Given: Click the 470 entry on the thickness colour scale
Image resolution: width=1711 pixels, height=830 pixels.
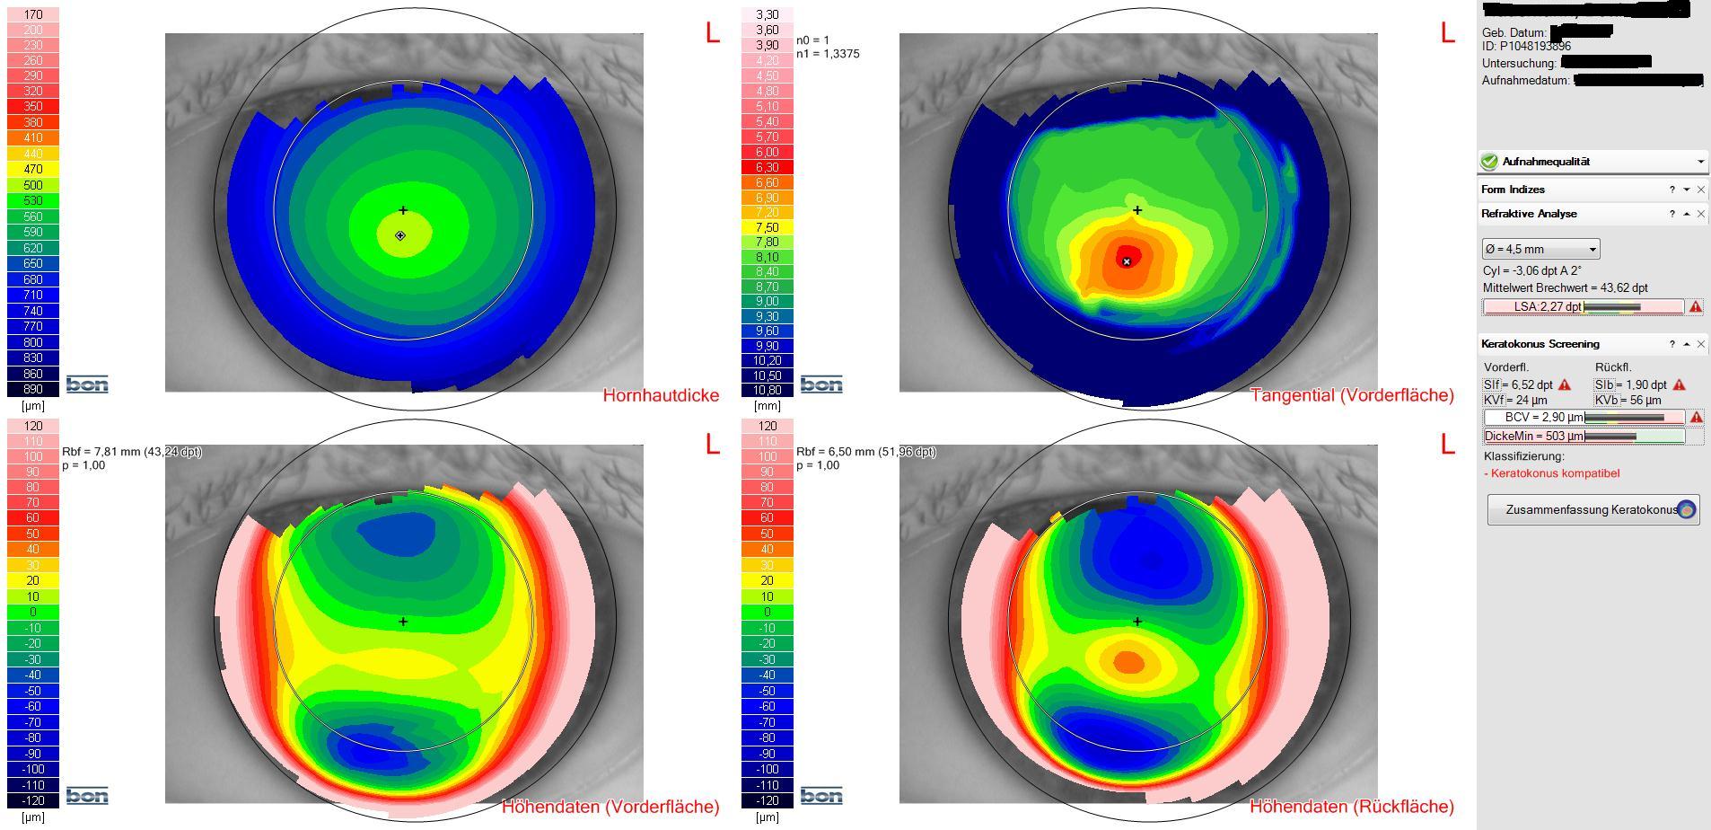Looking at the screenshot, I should coord(33,169).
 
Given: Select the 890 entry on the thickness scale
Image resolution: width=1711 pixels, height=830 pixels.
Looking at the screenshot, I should coord(33,389).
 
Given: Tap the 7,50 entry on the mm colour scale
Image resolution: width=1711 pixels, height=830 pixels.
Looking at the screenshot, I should coord(767,227).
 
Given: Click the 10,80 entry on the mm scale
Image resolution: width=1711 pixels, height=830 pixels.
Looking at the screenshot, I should coord(767,390).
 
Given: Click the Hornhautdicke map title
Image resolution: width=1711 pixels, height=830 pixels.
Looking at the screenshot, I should coord(661,395).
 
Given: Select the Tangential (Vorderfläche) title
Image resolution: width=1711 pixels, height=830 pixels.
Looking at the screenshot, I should coord(1351,395).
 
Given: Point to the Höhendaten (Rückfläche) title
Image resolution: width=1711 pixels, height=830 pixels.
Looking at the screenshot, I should coord(1351,807).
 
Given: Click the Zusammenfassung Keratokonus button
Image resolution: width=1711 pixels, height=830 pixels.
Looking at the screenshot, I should coord(1592,509).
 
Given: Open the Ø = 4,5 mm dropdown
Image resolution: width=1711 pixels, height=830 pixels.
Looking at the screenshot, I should coord(1540,249).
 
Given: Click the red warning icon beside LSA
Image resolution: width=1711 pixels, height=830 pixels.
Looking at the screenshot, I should coord(1695,307).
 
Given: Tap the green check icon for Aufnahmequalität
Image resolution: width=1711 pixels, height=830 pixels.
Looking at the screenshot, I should coord(1489,162).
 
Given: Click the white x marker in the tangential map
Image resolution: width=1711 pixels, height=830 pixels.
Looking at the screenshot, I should coord(1127,261).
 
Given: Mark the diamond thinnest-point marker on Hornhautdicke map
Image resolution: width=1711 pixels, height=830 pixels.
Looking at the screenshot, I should coord(400,235).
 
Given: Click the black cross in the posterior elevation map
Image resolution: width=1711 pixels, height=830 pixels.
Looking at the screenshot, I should coord(1137,622).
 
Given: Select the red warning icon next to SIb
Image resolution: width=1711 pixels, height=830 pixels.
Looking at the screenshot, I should coord(1679,385).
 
